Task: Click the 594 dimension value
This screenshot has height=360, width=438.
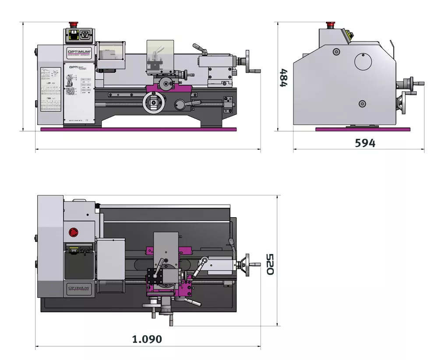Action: point(365,143)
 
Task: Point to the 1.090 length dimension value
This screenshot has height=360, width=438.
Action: point(147,339)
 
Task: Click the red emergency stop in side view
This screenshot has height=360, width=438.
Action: point(331,25)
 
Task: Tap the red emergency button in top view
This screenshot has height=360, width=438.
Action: point(74,232)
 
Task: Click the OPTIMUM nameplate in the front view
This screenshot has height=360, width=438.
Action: point(79,53)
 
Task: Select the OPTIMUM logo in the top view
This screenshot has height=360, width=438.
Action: point(79,288)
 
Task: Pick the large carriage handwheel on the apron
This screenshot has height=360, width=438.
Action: point(153,103)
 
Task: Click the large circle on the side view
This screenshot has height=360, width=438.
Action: point(363,61)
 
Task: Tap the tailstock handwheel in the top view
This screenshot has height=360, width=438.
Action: point(248,265)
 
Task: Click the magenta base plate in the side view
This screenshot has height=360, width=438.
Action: point(363,129)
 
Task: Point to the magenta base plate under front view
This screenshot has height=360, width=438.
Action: point(138,129)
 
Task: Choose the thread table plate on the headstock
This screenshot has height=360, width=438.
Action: point(50,90)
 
